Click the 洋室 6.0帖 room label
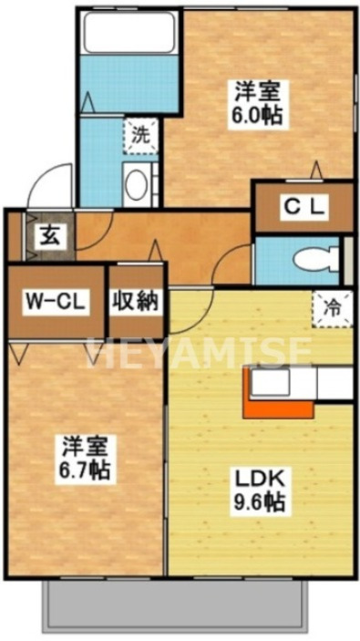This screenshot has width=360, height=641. [x=259, y=102]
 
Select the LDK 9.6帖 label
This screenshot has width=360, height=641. [x=259, y=487]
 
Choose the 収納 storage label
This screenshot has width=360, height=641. [x=136, y=301]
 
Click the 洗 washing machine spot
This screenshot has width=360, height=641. [x=139, y=136]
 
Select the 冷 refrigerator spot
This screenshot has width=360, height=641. [x=333, y=307]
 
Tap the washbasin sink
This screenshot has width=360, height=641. [x=138, y=186]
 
